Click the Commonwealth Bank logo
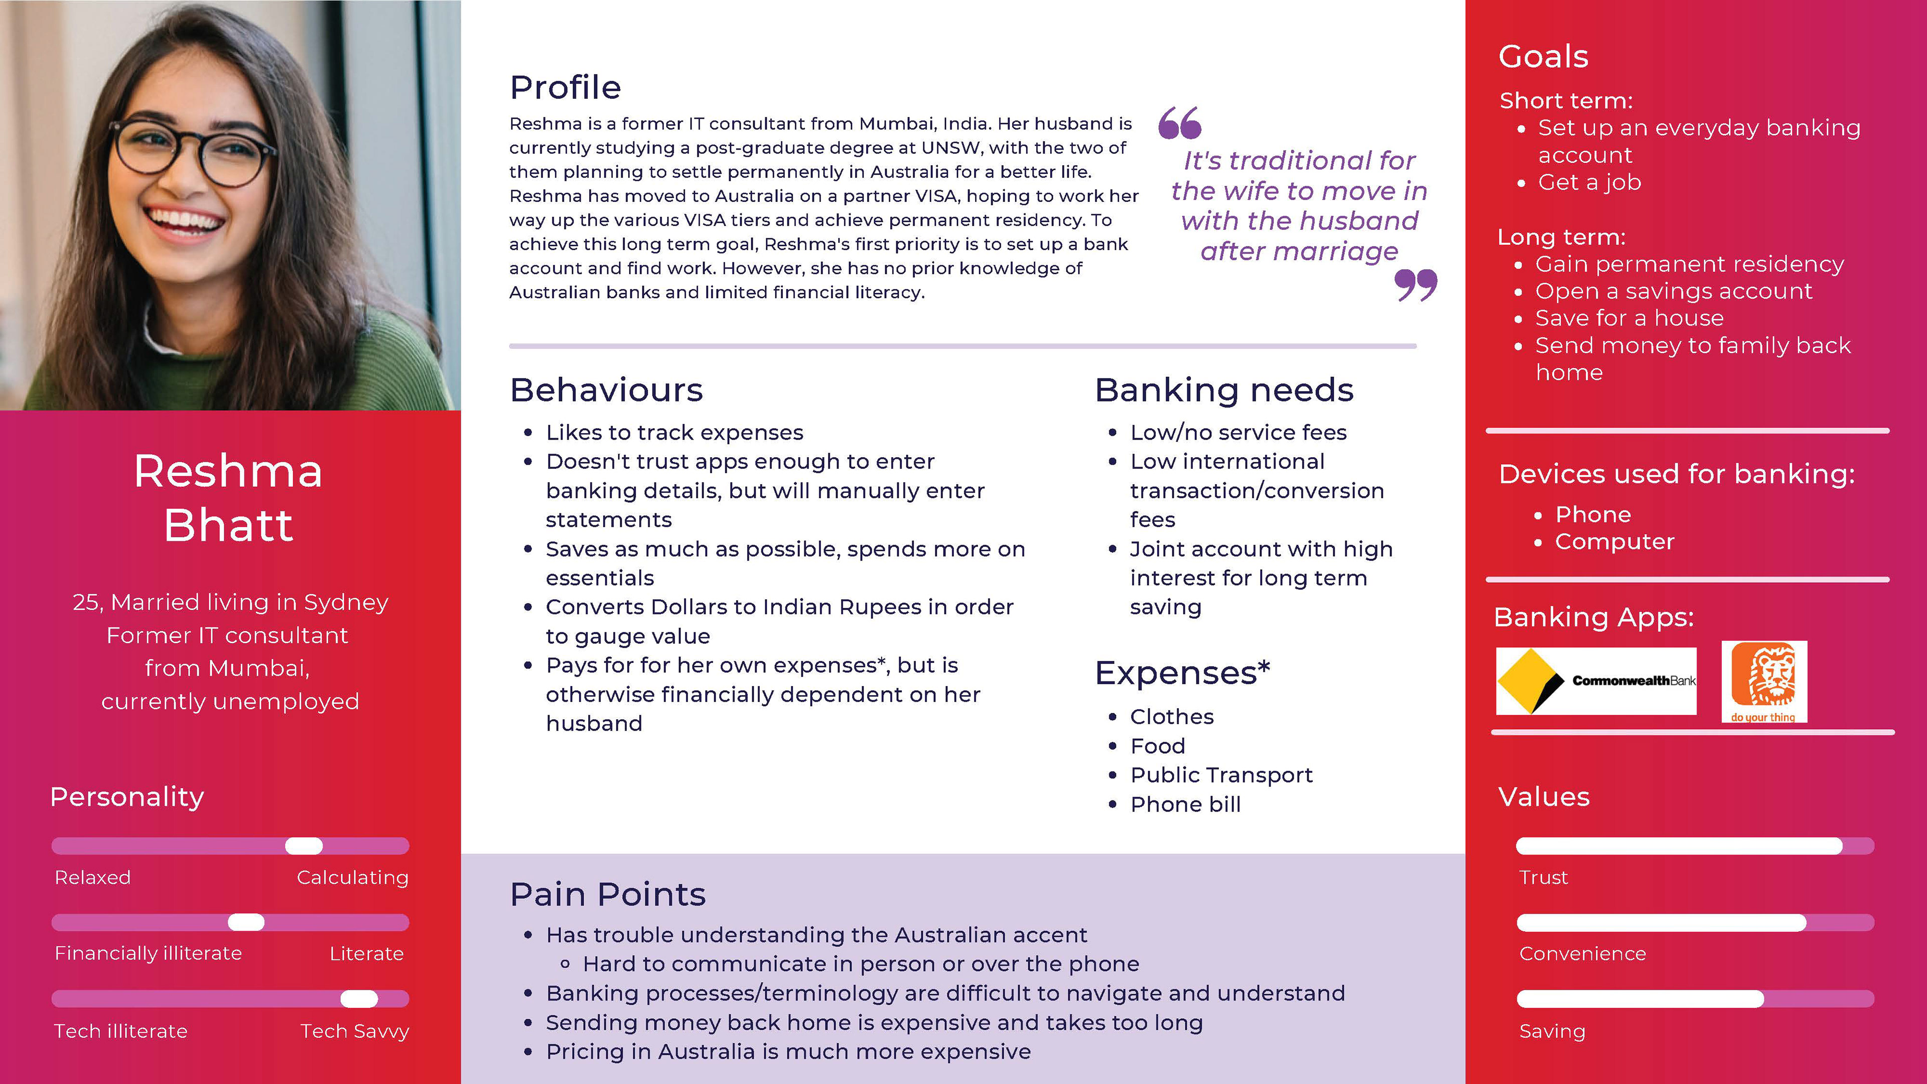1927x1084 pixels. click(x=1596, y=681)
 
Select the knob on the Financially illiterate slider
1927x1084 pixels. click(x=246, y=922)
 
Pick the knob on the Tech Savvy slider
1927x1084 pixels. click(x=359, y=999)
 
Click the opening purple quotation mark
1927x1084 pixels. click(x=1180, y=123)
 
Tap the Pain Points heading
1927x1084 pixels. click(x=607, y=894)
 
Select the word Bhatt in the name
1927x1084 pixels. click(x=228, y=525)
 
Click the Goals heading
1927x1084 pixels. click(x=1543, y=57)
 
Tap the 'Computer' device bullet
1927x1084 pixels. click(x=1614, y=541)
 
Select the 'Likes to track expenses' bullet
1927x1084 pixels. click(x=674, y=433)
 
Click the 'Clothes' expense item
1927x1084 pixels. click(x=1171, y=717)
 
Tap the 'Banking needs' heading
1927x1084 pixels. click(x=1224, y=390)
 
